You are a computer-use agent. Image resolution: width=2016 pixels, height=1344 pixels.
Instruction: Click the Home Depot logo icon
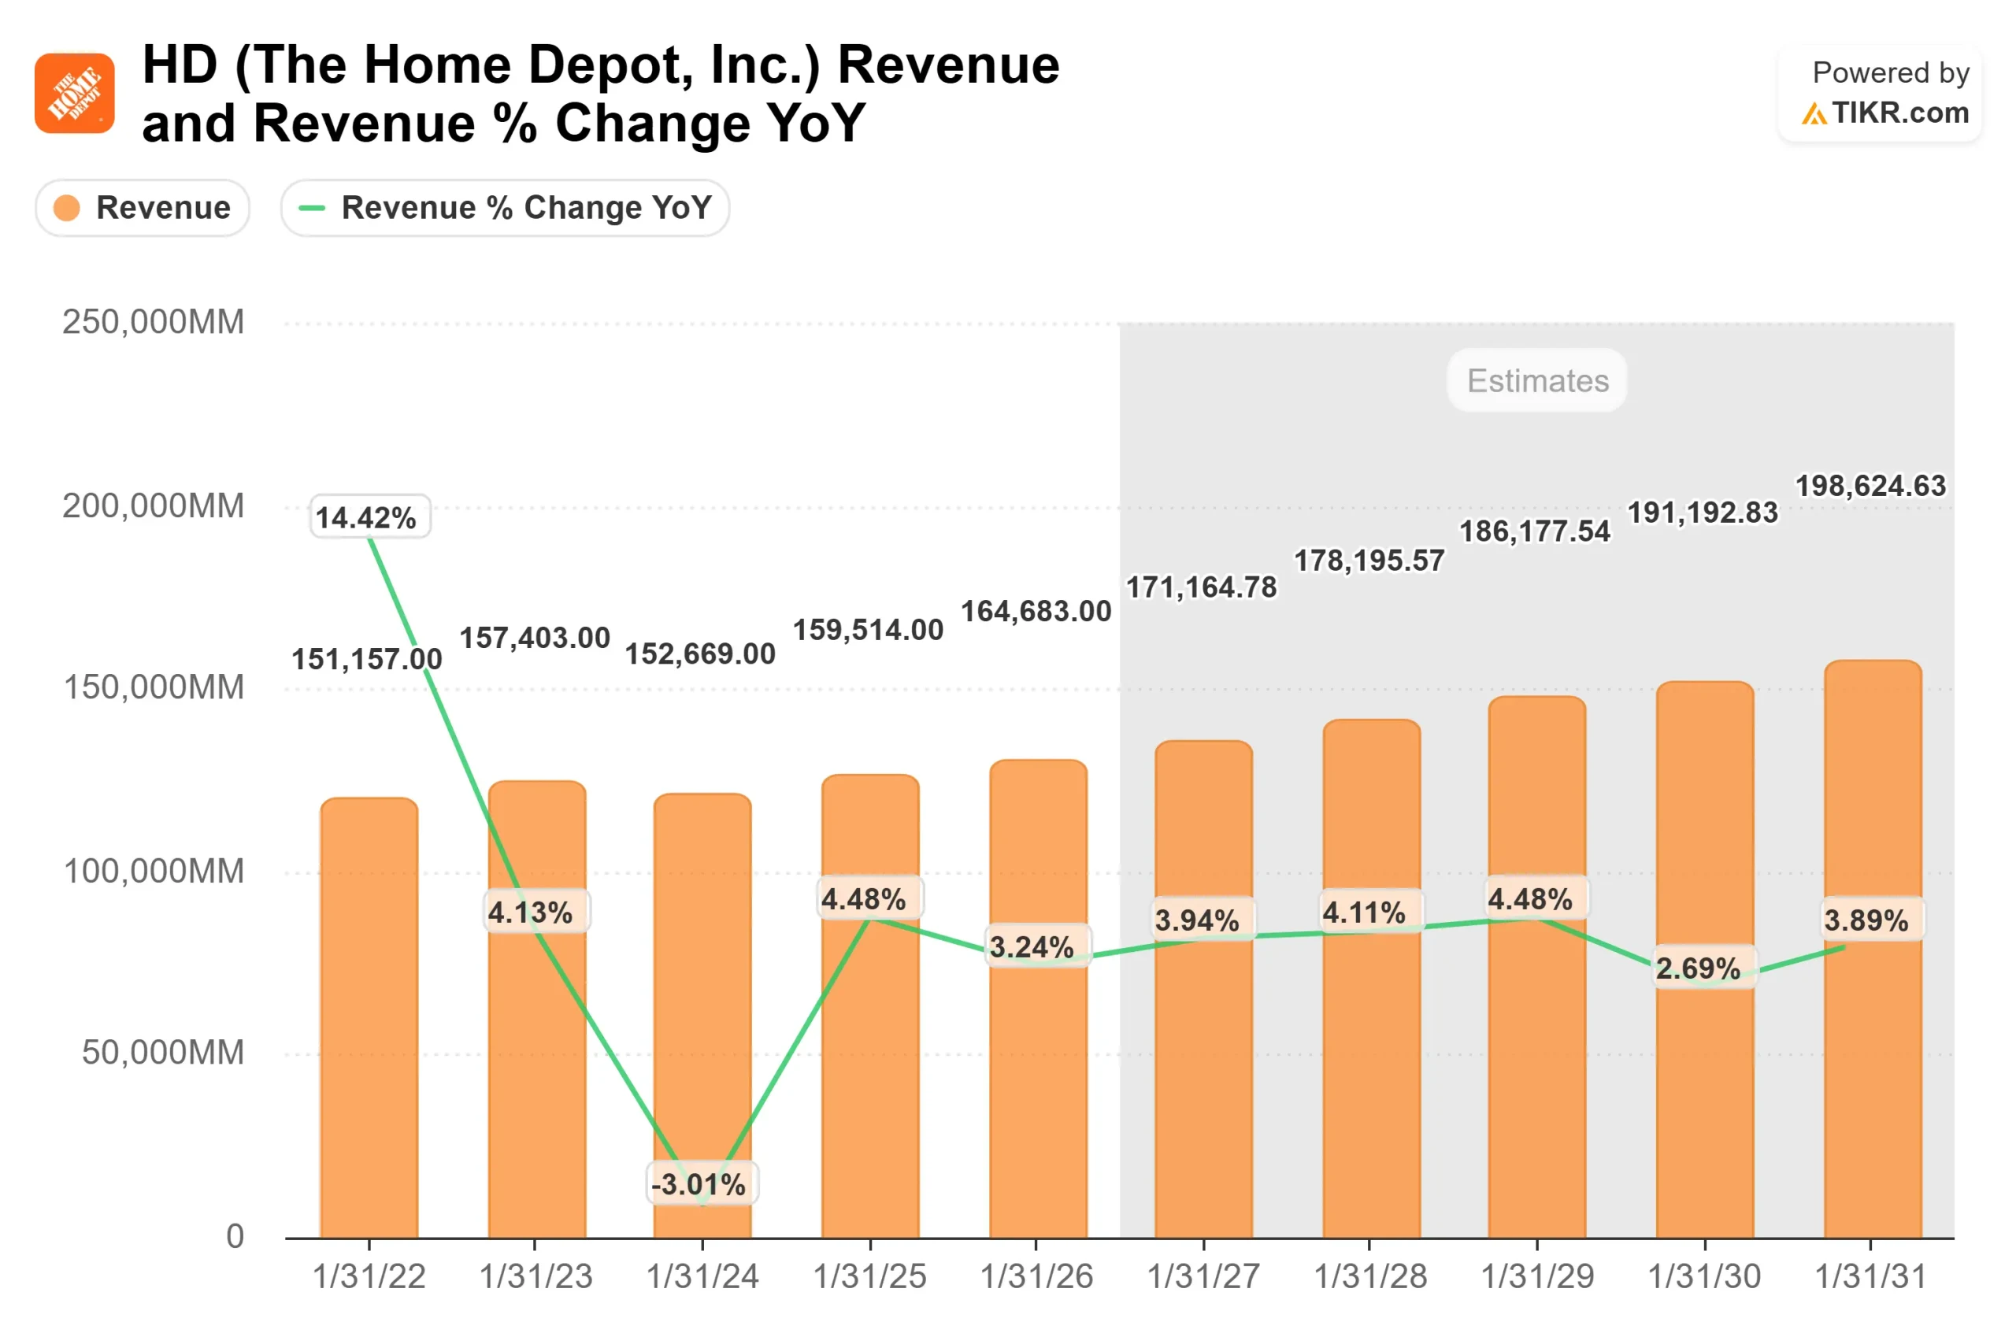[75, 94]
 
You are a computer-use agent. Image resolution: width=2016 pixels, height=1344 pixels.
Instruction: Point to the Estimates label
[1538, 380]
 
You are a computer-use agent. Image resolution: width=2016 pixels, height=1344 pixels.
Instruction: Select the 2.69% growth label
[1698, 968]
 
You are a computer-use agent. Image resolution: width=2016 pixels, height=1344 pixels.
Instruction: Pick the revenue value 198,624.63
[1871, 486]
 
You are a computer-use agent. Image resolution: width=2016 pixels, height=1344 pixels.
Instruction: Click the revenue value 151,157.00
[367, 659]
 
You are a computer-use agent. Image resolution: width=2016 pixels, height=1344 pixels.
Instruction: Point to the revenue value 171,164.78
[1201, 587]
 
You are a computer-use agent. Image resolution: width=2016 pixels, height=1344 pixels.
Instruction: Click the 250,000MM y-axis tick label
[154, 322]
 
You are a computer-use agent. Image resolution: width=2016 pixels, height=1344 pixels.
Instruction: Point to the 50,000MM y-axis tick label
[163, 1053]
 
